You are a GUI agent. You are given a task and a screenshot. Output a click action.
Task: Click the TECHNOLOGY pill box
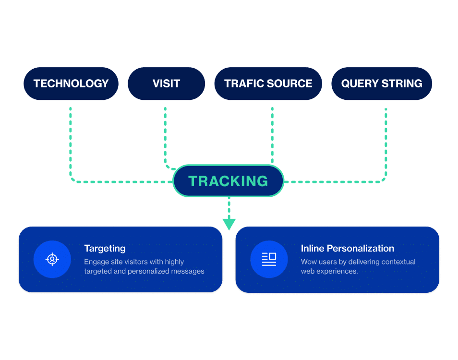(x=71, y=84)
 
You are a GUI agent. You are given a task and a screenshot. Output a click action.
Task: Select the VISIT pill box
(x=166, y=84)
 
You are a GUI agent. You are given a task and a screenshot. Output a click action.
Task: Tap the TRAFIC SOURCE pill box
(x=268, y=84)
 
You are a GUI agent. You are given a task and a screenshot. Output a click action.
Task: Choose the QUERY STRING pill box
(x=382, y=84)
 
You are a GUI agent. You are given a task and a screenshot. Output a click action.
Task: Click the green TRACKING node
(x=228, y=181)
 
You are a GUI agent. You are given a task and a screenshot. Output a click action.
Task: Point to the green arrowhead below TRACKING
(x=229, y=223)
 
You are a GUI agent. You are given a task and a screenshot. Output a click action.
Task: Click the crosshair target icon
(x=52, y=259)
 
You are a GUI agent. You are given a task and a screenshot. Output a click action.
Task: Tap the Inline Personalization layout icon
(x=269, y=259)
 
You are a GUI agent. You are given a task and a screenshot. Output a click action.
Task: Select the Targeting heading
(x=105, y=248)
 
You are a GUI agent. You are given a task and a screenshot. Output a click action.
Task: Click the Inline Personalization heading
(x=347, y=248)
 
